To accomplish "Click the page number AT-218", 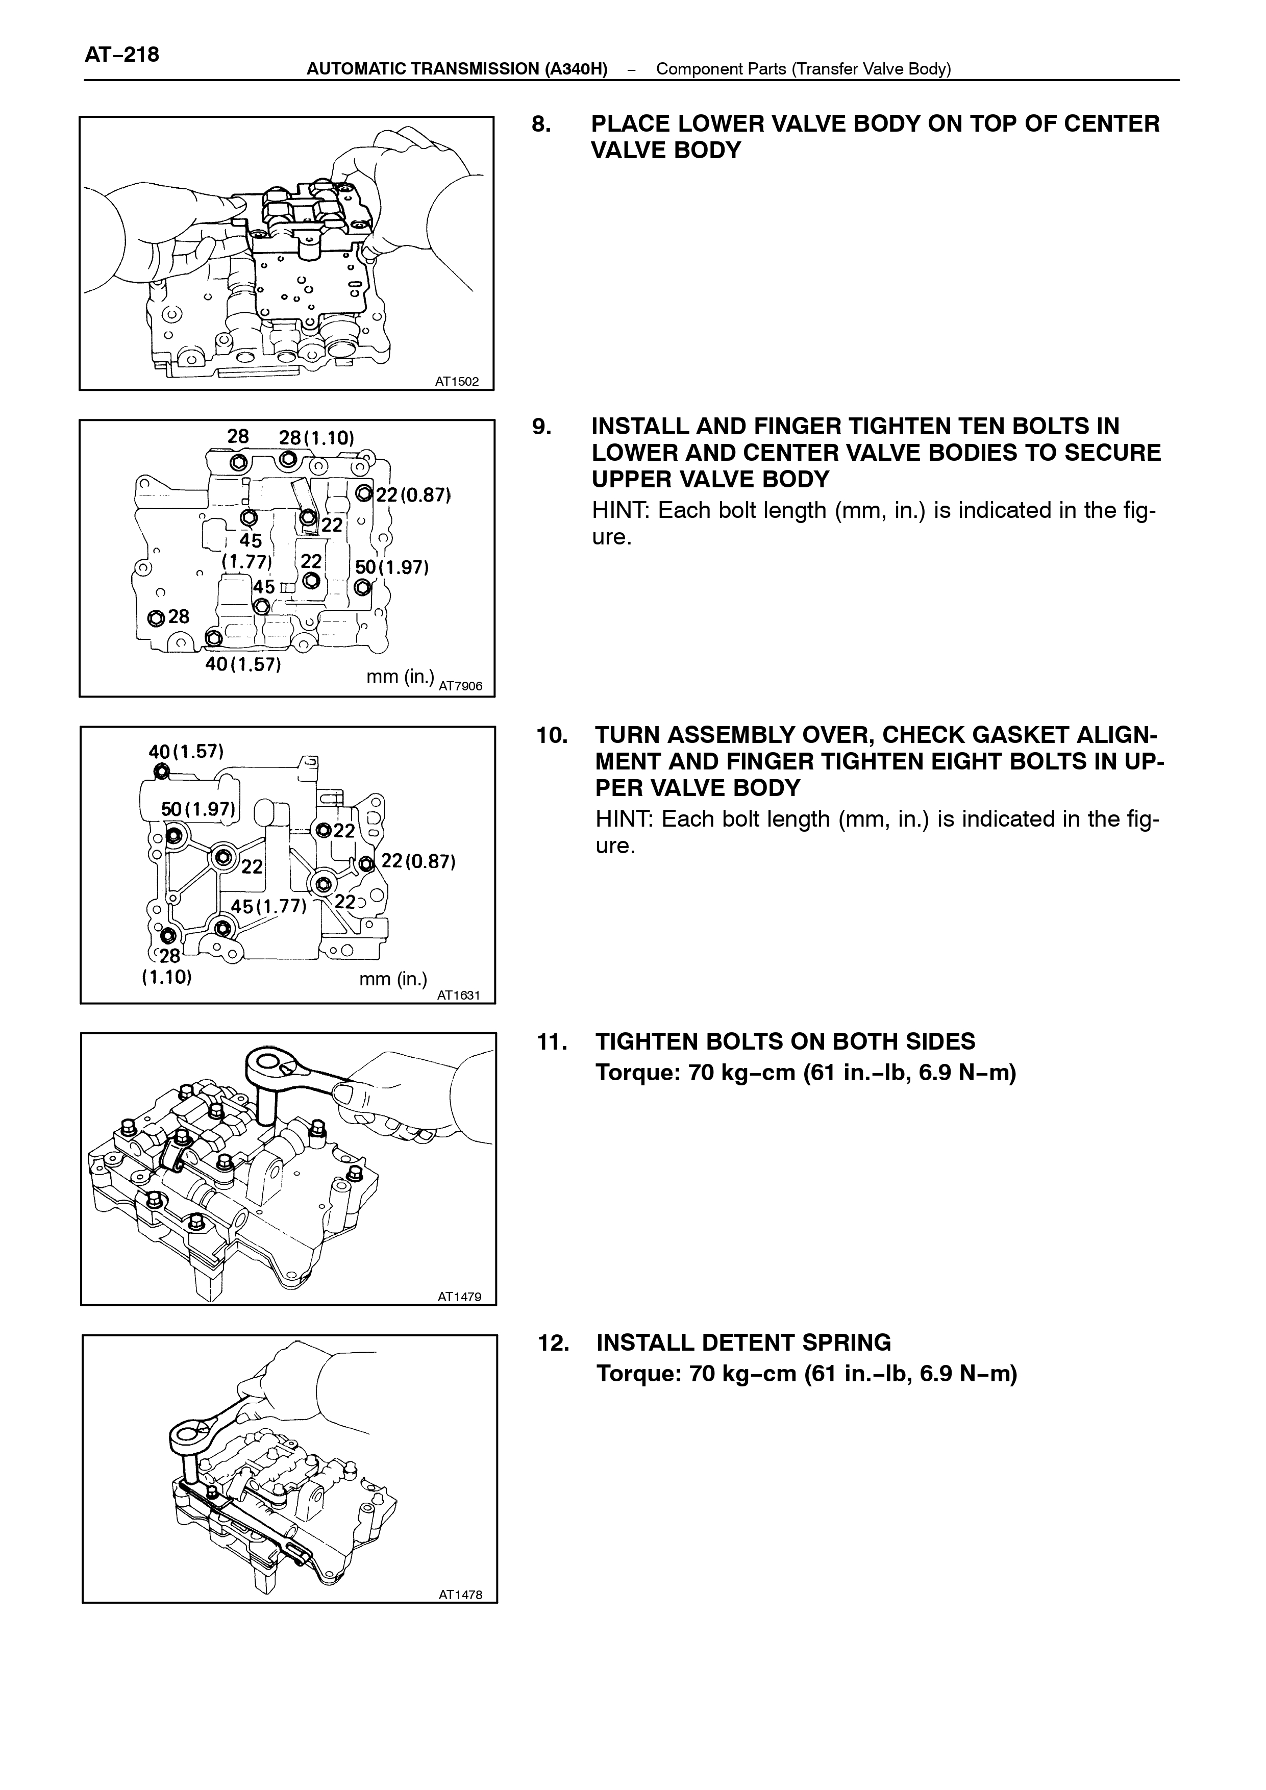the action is pyautogui.click(x=121, y=55).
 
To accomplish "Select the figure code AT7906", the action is pyautogui.click(x=461, y=687).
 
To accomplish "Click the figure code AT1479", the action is pyautogui.click(x=459, y=1297).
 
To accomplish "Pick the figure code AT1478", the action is pyautogui.click(x=460, y=1595).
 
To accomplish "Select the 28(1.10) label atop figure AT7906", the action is pyautogui.click(x=316, y=437).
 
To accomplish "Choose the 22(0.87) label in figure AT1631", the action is pyautogui.click(x=418, y=861).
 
